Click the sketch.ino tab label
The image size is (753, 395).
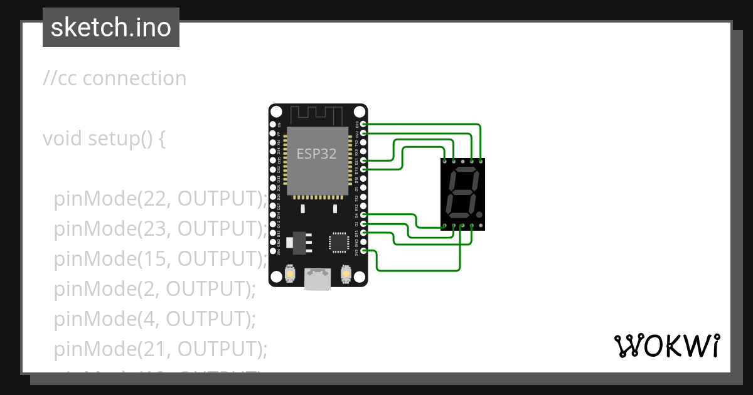click(111, 28)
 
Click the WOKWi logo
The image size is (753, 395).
click(666, 345)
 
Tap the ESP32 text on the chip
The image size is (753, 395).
click(317, 154)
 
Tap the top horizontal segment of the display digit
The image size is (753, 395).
click(464, 170)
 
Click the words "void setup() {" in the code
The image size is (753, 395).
click(104, 138)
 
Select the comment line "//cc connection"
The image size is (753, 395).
click(115, 78)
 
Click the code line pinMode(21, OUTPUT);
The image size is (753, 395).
click(161, 349)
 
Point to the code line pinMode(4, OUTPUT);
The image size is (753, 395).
click(155, 319)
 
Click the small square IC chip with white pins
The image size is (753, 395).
click(338, 241)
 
